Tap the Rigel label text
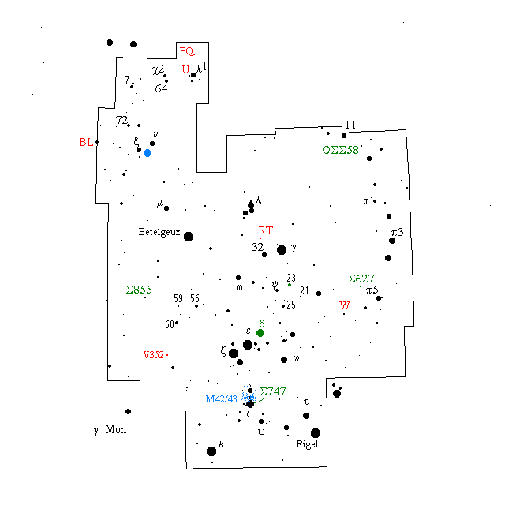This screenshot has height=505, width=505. pos(308,444)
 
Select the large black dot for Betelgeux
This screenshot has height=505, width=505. pos(189,236)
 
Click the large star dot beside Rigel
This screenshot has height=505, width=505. pos(316,432)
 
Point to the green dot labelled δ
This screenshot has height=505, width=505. pos(260,333)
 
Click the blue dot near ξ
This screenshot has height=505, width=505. pos(148,152)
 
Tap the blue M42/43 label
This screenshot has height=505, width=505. pos(221,399)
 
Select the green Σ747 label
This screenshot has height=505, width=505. pos(272,391)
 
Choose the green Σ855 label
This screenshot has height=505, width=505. pos(139,290)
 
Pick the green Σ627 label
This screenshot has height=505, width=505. pos(361,279)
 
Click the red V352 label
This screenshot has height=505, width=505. pos(154,355)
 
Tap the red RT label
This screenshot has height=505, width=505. pos(266,231)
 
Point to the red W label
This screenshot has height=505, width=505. pos(344,305)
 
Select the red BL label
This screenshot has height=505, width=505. pos(86,143)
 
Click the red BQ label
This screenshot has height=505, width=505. pos(187,51)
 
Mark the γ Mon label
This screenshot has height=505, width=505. pos(110,430)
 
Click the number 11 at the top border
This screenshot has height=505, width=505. pos(351,125)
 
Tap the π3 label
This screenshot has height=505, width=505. pos(397,233)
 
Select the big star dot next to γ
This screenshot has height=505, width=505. pos(282,250)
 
